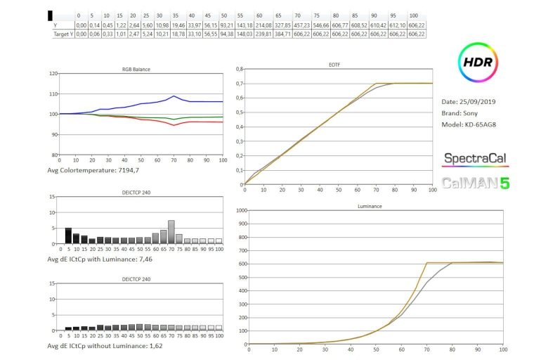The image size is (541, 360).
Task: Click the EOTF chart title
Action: click(x=374, y=65)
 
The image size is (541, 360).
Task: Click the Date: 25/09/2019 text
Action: click(x=471, y=101)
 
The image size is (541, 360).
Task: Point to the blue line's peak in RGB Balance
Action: click(x=174, y=96)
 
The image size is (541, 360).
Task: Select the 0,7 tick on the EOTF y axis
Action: click(x=238, y=83)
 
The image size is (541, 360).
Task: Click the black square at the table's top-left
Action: click(x=50, y=15)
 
